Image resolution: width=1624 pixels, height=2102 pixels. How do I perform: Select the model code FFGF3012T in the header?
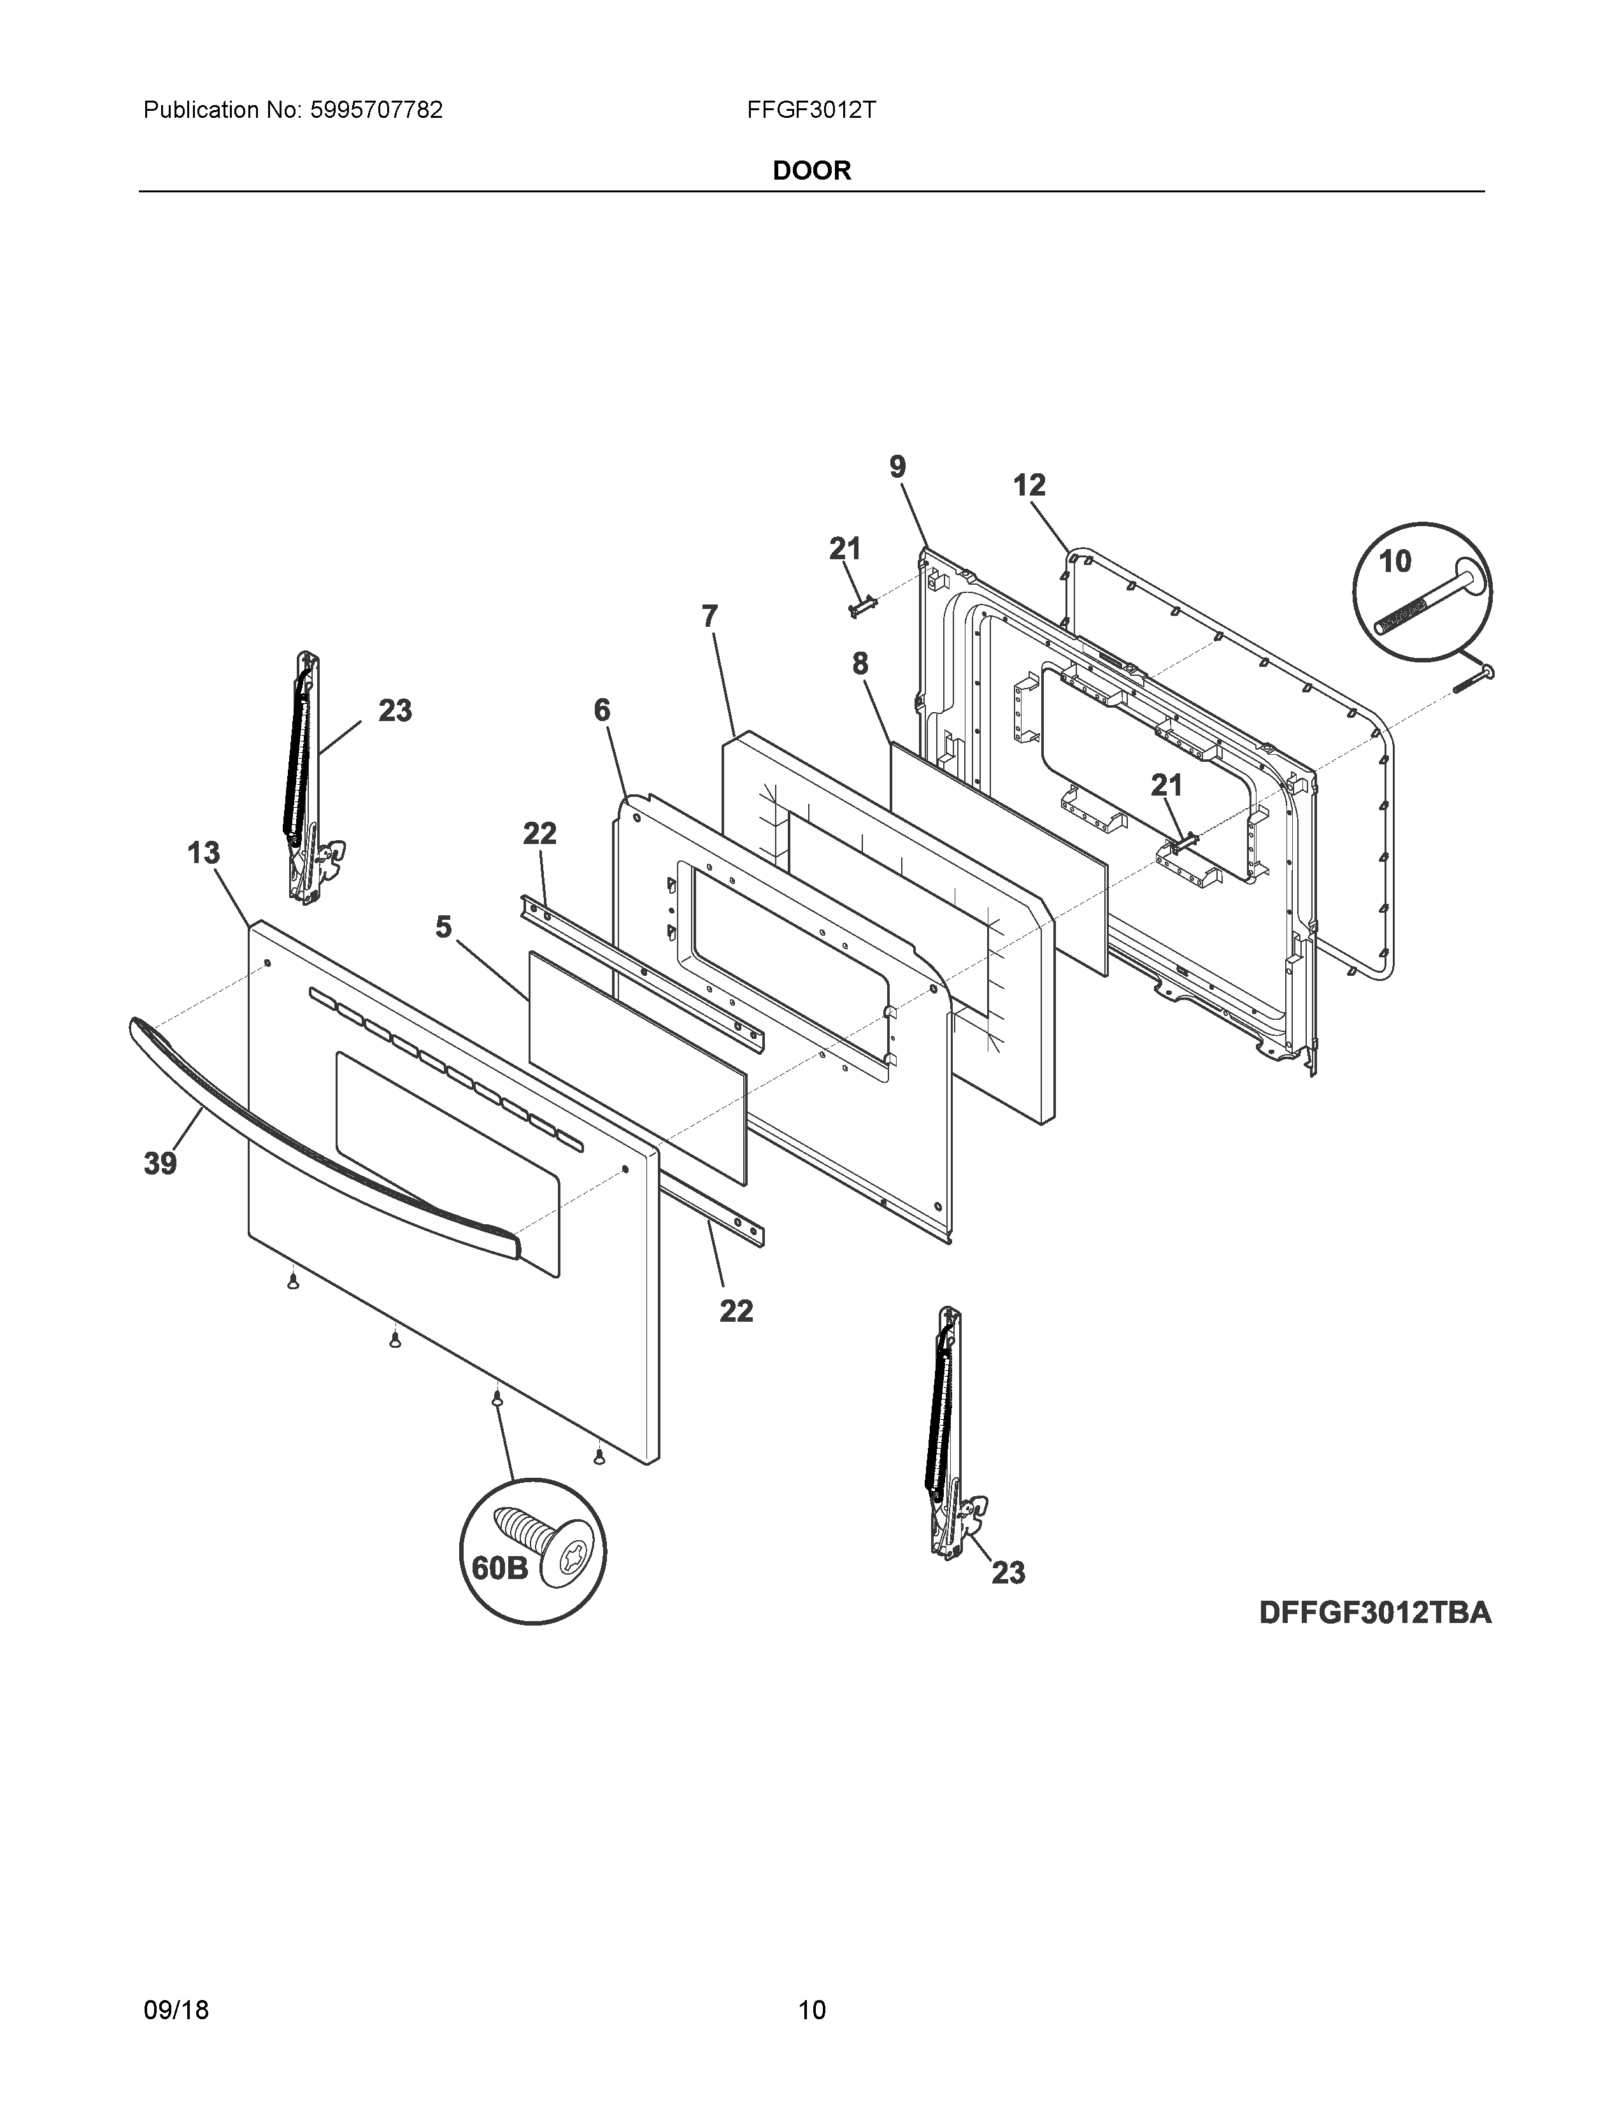810,111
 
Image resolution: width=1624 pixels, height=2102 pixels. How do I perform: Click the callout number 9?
897,468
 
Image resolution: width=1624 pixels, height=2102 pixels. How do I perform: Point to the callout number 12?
1029,485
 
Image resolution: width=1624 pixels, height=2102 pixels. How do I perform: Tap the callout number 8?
859,664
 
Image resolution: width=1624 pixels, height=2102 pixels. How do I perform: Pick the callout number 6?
601,710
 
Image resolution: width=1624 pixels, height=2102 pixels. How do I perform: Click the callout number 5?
443,928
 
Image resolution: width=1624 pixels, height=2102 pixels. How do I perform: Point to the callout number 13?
203,853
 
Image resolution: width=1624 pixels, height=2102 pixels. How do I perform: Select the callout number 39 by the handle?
160,1164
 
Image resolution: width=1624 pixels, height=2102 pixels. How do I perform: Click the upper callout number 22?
539,834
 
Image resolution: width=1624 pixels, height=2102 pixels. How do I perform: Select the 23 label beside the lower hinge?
1008,1573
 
